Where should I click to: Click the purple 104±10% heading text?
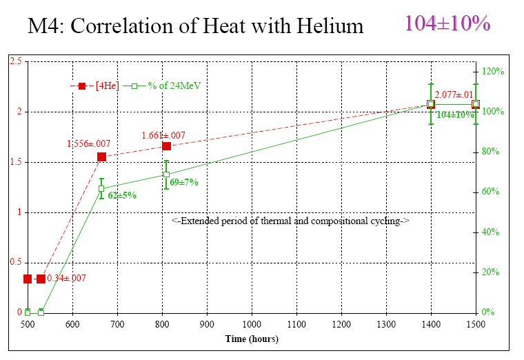[447, 23]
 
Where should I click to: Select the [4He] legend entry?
[106, 86]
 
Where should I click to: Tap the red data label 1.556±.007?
[88, 143]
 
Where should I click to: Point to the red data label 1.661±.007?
[163, 135]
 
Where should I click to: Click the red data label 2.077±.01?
[454, 95]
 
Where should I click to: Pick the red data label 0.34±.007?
[66, 278]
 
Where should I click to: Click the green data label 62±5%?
[122, 195]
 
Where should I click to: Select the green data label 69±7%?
[184, 182]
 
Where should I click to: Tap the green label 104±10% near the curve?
[455, 115]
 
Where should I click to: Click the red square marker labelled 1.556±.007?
[101, 157]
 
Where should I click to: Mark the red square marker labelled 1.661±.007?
[166, 146]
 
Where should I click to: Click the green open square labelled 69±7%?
[166, 174]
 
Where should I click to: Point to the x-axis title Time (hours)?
[252, 339]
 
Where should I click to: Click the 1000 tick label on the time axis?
[252, 324]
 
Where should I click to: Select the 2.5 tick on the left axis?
[15, 62]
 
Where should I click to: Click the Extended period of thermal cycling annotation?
[290, 221]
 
